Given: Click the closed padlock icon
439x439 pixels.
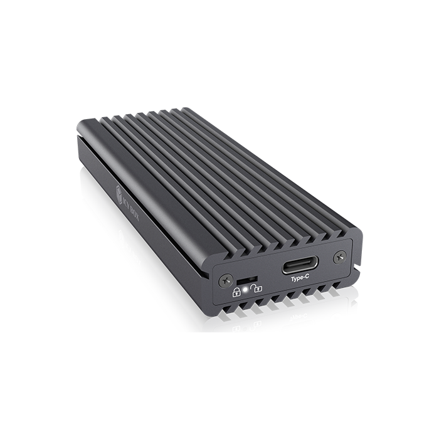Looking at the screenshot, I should click(x=237, y=291).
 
